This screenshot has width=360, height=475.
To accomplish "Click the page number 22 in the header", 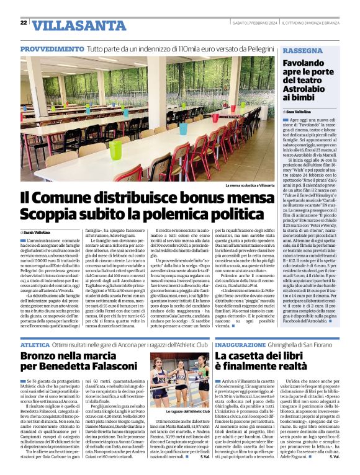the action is pyautogui.click(x=24, y=22).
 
